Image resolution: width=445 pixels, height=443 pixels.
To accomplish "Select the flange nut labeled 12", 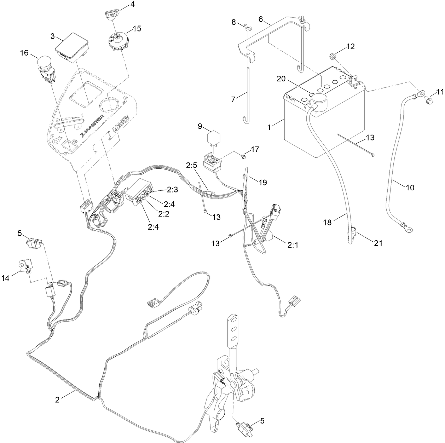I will pyautogui.click(x=333, y=56).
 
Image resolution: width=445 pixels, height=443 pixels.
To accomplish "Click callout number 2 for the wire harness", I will pyautogui.click(x=57, y=400).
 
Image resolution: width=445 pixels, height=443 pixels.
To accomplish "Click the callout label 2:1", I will pyautogui.click(x=293, y=245).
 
